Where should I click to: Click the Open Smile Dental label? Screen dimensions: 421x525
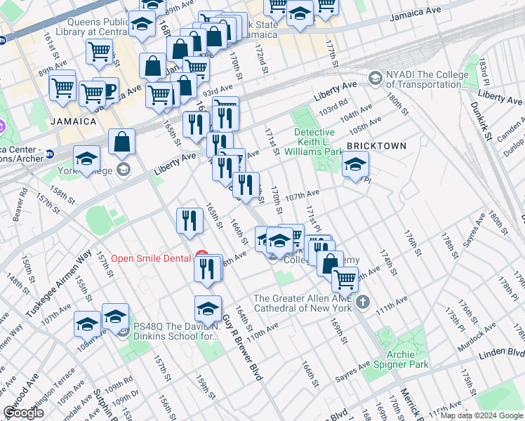pyautogui.click(x=151, y=258)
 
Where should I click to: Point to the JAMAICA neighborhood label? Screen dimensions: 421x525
pyautogui.click(x=73, y=121)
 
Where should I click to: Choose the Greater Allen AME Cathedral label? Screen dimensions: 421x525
pyautogui.click(x=303, y=303)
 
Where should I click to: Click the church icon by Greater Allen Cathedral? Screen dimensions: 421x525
pyautogui.click(x=362, y=302)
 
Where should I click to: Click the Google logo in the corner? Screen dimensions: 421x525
pyautogui.click(x=23, y=413)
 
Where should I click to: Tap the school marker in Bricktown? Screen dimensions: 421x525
pyautogui.click(x=356, y=166)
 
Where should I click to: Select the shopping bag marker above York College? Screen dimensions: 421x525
pyautogui.click(x=122, y=141)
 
